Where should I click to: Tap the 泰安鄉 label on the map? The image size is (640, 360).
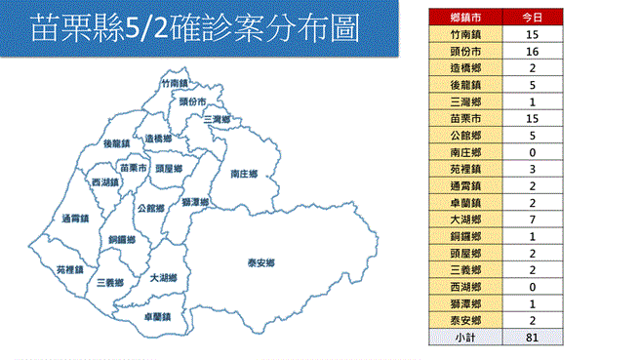click(260, 263)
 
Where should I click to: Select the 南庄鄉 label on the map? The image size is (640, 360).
click(243, 174)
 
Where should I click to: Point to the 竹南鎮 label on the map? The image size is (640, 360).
click(174, 84)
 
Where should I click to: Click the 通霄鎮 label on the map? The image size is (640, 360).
click(74, 218)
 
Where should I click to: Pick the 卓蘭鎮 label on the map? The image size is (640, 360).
click(157, 317)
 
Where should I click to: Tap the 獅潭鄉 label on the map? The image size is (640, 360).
click(194, 201)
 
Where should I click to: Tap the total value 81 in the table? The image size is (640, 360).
click(532, 337)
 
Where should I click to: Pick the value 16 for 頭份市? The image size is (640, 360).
click(532, 51)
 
